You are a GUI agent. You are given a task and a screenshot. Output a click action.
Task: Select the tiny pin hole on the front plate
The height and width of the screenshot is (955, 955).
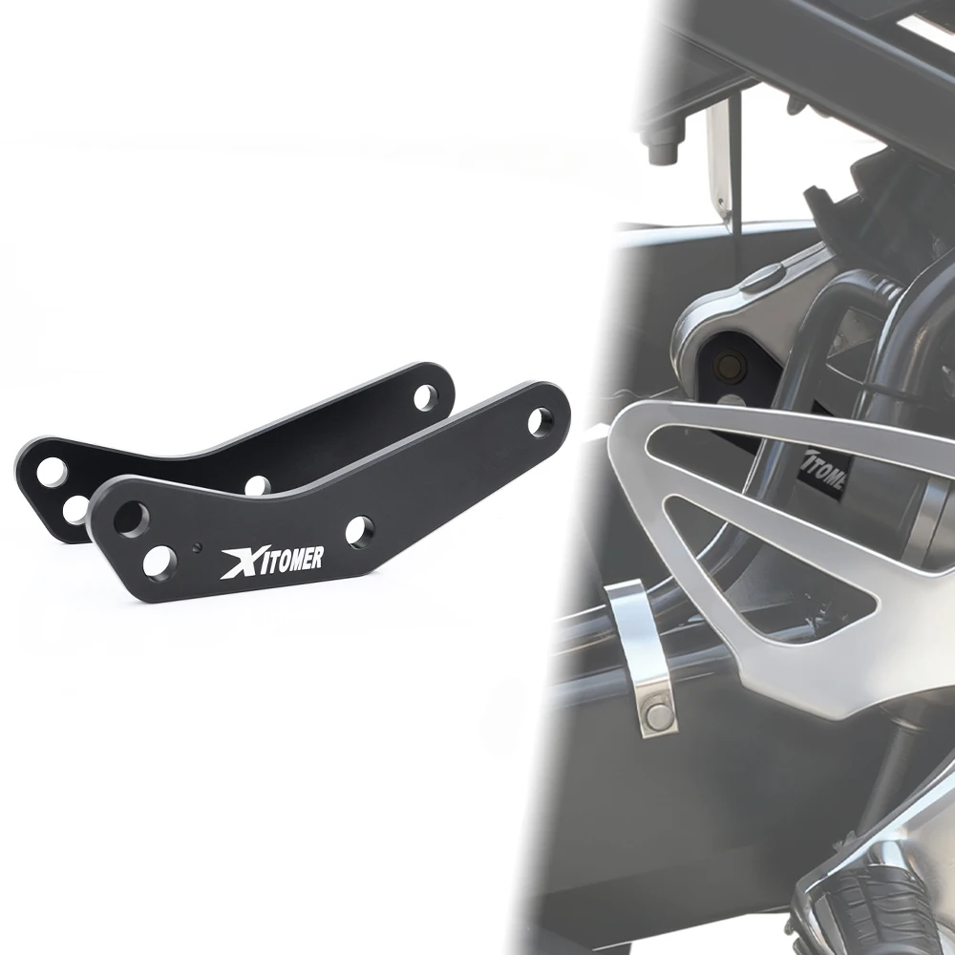pos(195,548)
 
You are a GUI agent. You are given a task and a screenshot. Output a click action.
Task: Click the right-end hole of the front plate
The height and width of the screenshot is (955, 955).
pos(540,418)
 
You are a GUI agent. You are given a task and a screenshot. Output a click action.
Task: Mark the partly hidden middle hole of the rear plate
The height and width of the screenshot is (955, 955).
pos(256,484)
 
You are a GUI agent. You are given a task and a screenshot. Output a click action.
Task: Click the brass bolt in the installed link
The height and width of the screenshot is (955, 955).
pos(732,364)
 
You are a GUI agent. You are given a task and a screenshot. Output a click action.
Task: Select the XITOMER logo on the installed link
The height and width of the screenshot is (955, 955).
pos(824,470)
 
